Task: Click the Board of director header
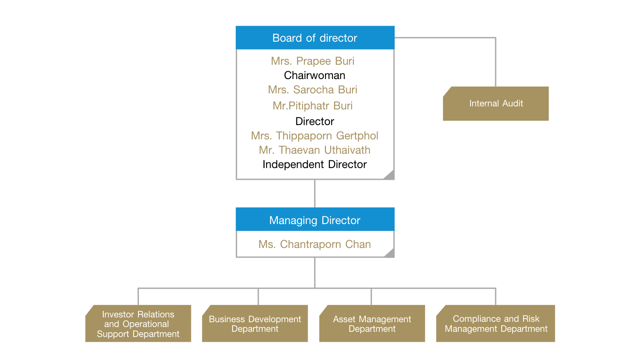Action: pos(315,38)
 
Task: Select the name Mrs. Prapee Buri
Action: pos(312,61)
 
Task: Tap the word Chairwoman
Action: pos(315,76)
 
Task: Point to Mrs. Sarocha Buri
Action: pos(312,90)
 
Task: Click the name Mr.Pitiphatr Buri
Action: pos(312,106)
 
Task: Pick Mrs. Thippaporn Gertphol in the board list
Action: pos(315,136)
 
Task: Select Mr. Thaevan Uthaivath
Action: pos(315,150)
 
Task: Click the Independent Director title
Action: pos(315,165)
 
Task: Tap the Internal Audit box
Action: pos(496,104)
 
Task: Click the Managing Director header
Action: pos(315,220)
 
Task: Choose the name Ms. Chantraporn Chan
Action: pos(315,244)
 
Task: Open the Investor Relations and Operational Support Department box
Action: pos(138,324)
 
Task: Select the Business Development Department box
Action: pos(255,324)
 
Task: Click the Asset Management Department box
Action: pos(372,324)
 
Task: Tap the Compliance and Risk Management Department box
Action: pos(496,324)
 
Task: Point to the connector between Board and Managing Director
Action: pos(315,193)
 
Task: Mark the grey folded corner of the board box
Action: pos(389,175)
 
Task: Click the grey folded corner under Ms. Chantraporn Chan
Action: pos(390,253)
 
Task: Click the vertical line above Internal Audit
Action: pos(496,63)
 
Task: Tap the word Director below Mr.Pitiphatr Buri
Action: pos(315,121)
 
